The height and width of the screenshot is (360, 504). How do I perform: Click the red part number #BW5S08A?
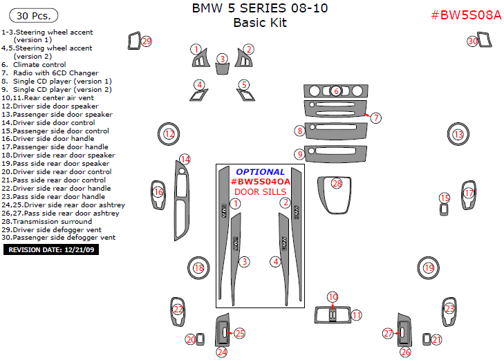(x=465, y=15)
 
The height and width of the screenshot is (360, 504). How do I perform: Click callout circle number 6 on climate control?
(x=336, y=91)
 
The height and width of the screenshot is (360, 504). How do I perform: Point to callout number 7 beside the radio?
(x=375, y=117)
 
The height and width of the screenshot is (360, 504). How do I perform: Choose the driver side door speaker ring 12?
(x=169, y=133)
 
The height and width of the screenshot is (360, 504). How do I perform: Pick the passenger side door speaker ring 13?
(x=458, y=135)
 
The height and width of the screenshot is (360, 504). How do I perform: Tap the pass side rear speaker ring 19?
(x=429, y=268)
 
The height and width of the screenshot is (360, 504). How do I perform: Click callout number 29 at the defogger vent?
(x=146, y=41)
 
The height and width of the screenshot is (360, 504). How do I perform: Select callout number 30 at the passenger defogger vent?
(x=473, y=41)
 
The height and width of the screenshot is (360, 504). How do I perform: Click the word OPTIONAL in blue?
(x=260, y=172)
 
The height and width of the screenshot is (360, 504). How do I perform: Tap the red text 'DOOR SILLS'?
(x=260, y=191)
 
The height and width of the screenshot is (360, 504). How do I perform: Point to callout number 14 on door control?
(x=185, y=160)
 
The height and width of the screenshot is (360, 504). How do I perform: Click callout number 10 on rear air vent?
(x=333, y=297)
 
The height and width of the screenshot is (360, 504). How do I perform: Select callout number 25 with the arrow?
(x=240, y=334)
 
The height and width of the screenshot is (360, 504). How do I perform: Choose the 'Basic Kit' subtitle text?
(x=260, y=23)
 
